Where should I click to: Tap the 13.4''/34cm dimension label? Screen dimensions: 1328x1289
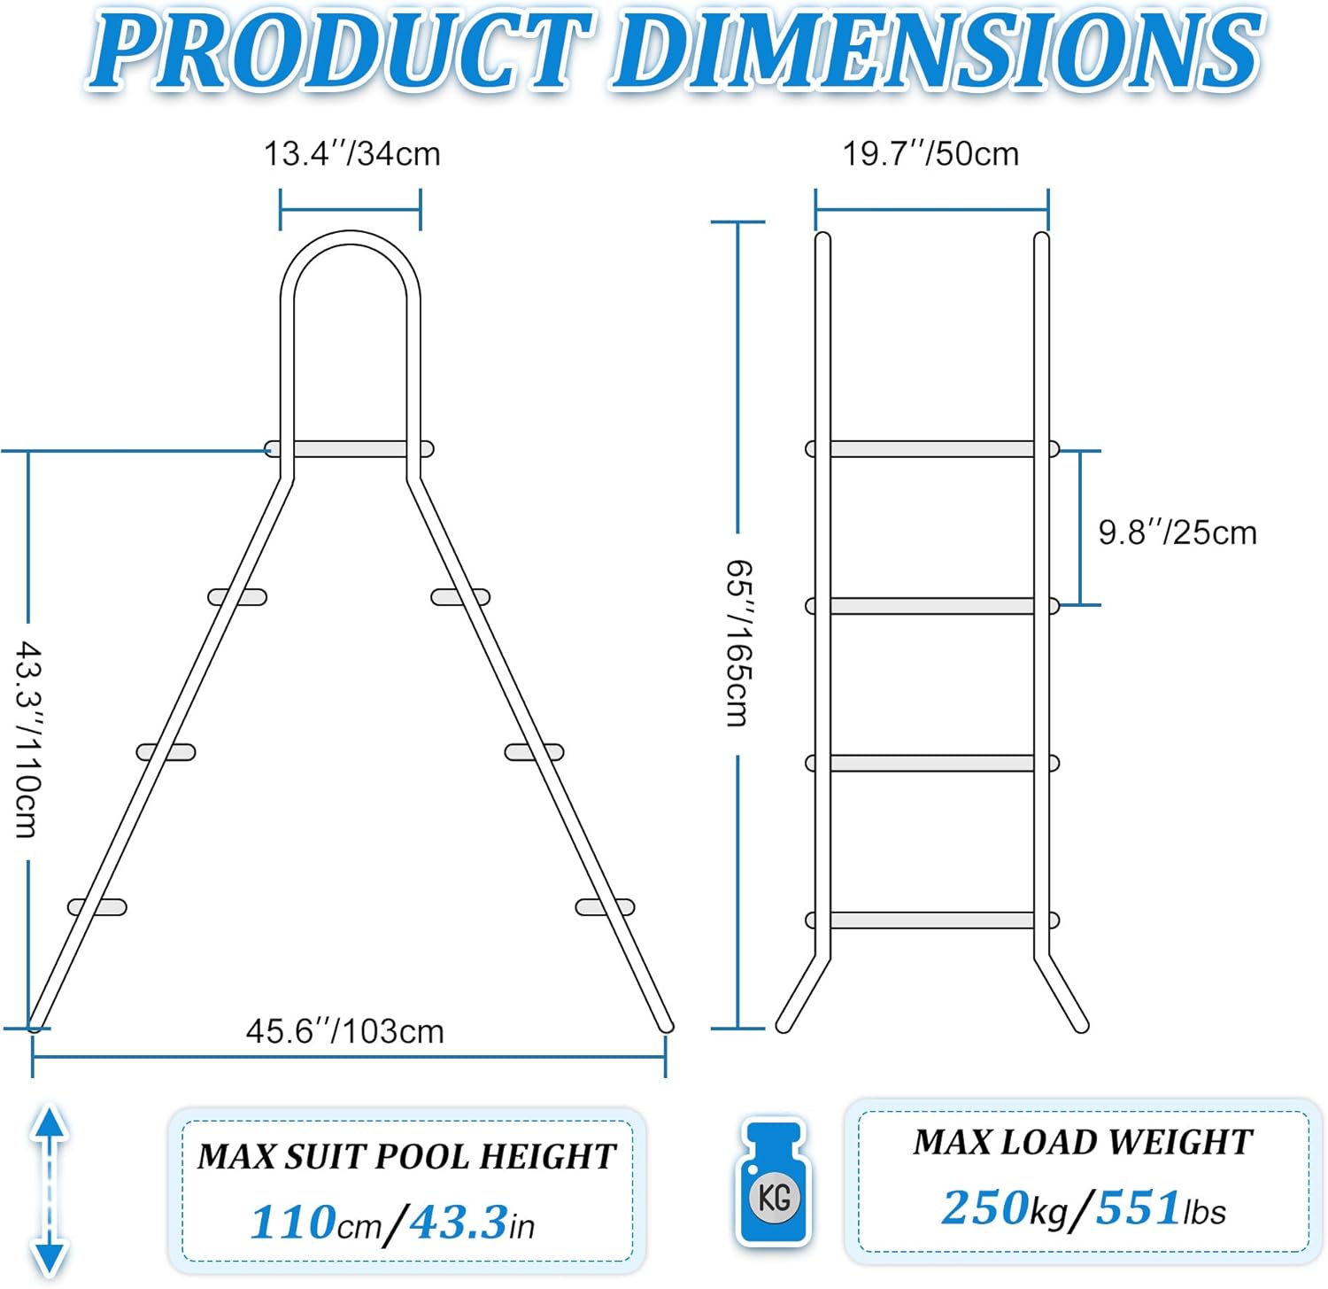(351, 153)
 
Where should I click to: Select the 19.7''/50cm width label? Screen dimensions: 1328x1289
(930, 153)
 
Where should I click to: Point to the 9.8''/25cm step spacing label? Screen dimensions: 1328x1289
(1177, 532)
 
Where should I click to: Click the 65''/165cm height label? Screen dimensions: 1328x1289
(737, 643)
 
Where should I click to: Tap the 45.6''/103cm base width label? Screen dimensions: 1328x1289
(344, 1031)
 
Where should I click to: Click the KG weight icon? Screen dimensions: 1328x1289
(774, 1181)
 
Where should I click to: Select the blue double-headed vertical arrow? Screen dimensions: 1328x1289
(50, 1190)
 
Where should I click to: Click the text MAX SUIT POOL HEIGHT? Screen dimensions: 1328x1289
(406, 1157)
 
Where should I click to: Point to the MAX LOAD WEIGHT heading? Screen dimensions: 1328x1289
(1083, 1142)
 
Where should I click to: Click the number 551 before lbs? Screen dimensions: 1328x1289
(1139, 1207)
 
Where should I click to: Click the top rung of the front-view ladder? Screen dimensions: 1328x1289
(932, 449)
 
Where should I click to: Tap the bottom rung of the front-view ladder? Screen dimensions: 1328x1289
(932, 920)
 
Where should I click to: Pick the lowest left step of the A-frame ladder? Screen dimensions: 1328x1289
(97, 907)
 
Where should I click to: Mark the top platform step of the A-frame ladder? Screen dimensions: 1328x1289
(350, 449)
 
